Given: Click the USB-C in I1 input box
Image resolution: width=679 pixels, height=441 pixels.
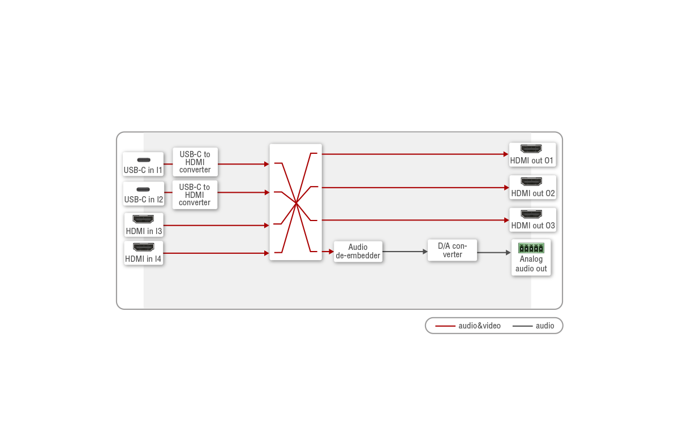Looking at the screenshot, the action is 143,164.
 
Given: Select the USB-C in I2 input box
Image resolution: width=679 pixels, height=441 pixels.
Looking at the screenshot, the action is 144,193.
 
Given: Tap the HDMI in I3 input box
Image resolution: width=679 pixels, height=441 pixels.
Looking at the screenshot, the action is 144,225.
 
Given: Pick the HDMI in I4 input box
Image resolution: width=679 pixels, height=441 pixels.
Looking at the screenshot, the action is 143,253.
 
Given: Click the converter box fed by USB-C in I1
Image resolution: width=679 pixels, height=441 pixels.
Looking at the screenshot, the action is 195,162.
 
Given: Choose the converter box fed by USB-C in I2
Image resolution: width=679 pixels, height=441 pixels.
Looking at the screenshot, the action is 195,194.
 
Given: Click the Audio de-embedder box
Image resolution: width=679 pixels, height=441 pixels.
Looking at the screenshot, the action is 358,252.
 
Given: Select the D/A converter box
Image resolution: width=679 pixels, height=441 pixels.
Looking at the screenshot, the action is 452,250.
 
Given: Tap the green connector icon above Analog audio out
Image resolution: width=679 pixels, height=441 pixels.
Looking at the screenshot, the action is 531,248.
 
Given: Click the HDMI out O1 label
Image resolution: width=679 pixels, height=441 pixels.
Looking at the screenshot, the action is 532,161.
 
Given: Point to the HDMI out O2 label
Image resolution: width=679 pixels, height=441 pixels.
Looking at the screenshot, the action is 533,193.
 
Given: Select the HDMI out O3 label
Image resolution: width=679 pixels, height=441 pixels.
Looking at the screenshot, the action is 533,226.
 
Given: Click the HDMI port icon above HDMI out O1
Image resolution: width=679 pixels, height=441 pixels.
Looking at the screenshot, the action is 531,149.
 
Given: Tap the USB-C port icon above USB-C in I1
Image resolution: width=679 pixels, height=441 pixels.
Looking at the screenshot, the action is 144,160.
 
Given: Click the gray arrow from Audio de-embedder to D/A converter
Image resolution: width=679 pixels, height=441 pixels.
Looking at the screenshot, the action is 405,252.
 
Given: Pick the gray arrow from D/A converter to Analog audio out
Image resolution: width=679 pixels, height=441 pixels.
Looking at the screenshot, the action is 494,253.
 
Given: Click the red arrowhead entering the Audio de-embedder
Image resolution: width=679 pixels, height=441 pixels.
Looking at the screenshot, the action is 332,252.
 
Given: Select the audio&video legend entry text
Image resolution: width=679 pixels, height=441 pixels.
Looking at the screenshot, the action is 480,326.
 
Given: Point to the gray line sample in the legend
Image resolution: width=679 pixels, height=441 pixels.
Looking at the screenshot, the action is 522,326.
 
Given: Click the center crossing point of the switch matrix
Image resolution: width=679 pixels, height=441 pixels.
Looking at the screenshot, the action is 296,203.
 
